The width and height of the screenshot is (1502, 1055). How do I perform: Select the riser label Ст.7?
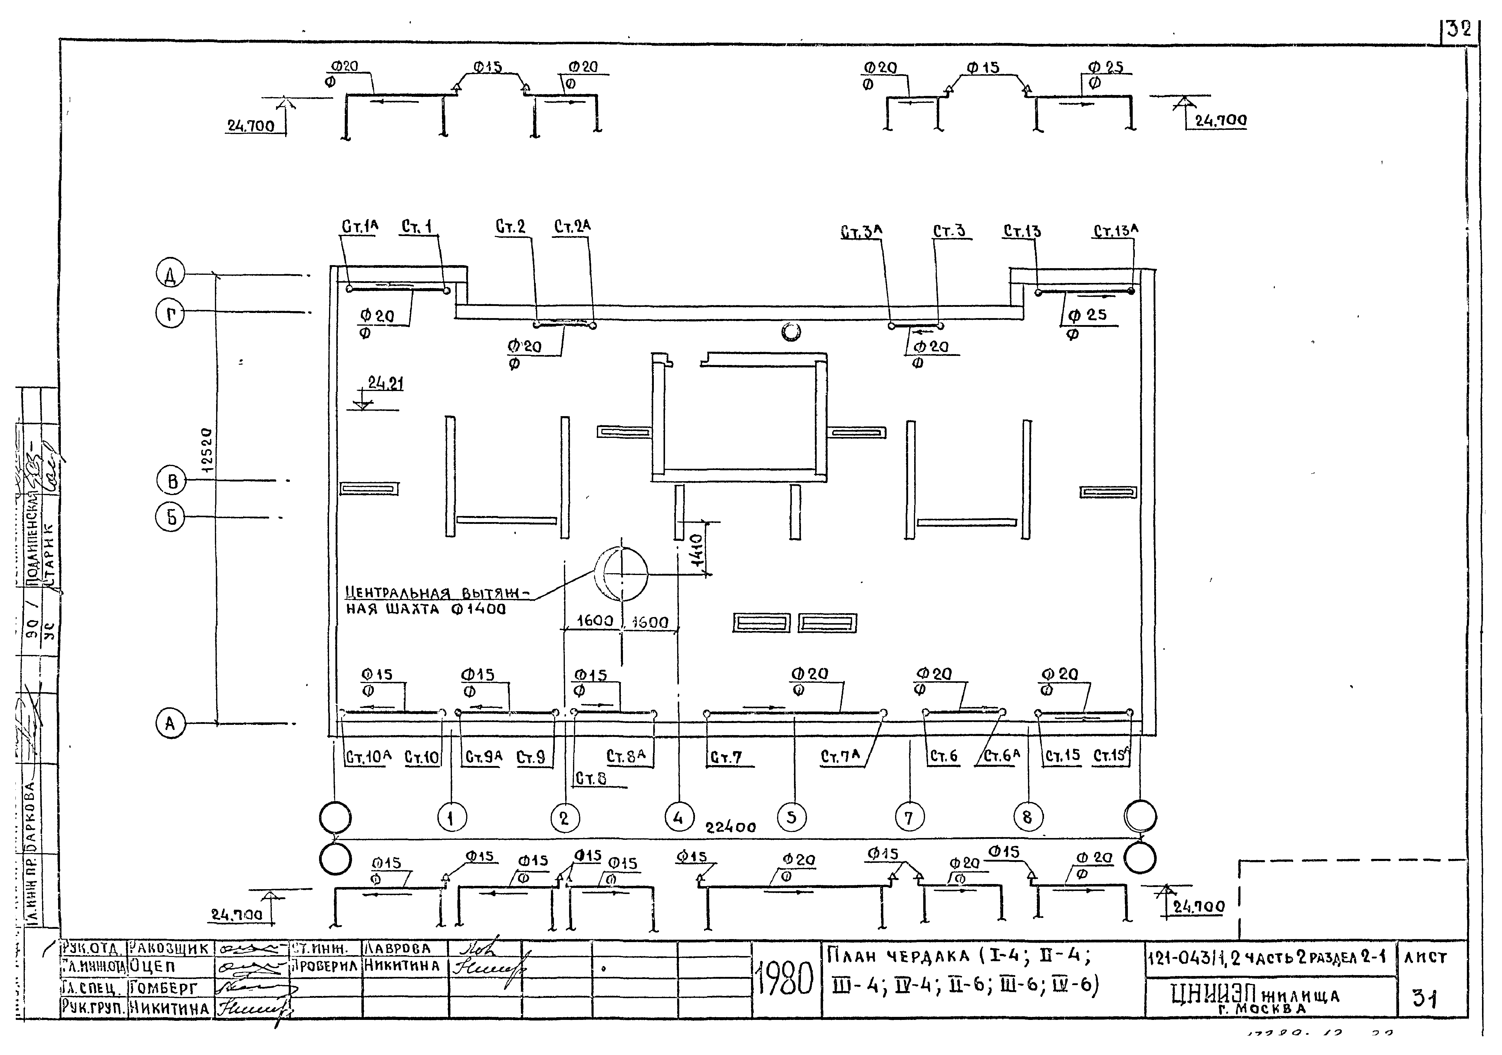tap(726, 758)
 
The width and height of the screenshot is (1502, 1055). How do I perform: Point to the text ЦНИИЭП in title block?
tap(1212, 996)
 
